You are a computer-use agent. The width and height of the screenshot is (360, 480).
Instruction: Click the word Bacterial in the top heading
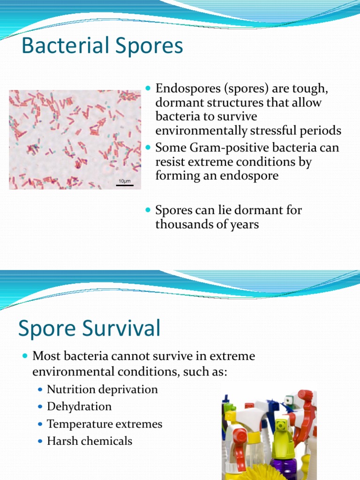point(63,46)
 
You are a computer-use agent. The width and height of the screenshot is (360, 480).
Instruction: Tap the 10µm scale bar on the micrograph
point(125,185)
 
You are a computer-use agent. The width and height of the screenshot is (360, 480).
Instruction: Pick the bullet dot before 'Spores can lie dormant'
point(149,210)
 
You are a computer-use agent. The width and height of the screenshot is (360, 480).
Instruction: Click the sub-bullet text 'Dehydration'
point(79,406)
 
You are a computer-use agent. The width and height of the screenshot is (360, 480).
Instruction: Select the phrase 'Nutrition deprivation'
point(102,390)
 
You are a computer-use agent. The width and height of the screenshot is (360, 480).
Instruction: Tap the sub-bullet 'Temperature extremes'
point(105,424)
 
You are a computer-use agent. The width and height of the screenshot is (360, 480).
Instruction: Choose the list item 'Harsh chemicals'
point(90,441)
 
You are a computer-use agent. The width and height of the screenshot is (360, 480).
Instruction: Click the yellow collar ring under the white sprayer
point(253,439)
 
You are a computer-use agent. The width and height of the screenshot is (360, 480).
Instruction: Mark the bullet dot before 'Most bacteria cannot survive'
point(26,356)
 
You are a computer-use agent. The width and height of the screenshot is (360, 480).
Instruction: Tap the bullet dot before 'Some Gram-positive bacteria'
point(149,148)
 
